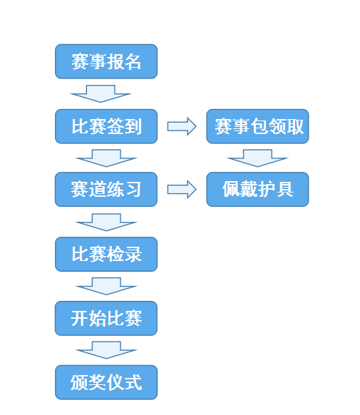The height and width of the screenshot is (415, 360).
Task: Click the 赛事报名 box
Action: pos(106,61)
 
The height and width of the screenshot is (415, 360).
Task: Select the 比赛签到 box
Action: pos(106,126)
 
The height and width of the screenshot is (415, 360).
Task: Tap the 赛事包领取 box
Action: pos(257,126)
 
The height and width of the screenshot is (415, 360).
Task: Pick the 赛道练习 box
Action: pos(106,189)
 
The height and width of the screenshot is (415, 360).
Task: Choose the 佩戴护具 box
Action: pos(257,189)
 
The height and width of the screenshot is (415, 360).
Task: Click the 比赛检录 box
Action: pos(106,254)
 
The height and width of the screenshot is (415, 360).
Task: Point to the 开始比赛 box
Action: pos(106,318)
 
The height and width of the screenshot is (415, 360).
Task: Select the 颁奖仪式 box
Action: pos(106,382)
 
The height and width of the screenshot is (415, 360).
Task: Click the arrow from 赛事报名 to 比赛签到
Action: pos(101,93)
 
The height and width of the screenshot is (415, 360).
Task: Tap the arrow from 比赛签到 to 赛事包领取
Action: pos(182,126)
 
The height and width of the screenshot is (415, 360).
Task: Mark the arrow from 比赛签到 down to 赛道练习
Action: pos(106,158)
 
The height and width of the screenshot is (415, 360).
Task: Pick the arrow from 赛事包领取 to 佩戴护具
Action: pos(257,158)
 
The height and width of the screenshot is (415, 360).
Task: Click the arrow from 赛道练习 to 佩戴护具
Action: pos(182,189)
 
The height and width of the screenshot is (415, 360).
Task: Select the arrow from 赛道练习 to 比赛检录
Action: pos(106,222)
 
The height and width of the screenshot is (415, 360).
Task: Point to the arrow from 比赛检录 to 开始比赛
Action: pos(106,286)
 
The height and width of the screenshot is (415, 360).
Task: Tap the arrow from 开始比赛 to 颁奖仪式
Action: pos(106,350)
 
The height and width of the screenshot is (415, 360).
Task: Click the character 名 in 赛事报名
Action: pos(133,61)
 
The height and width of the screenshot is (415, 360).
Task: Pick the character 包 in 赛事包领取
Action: pos(259,126)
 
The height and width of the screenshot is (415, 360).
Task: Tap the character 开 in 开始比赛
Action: pos(79,318)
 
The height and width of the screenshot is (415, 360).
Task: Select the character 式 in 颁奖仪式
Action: pos(133,382)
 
